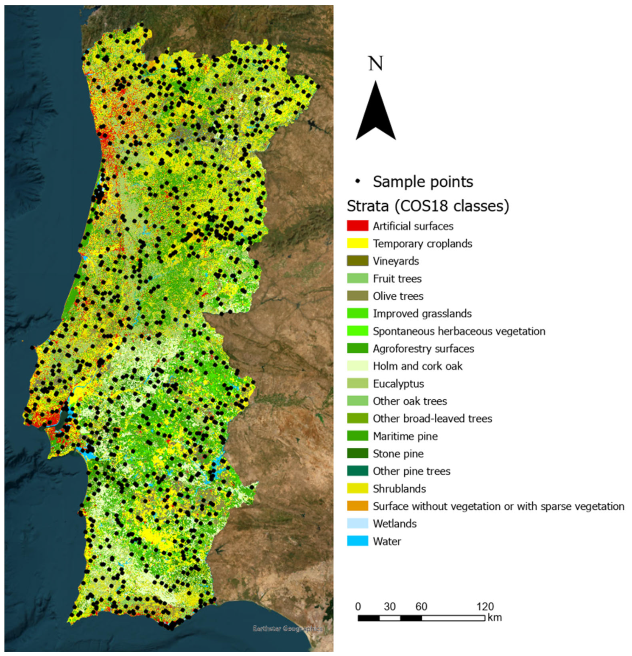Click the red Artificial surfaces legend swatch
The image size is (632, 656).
pyautogui.click(x=357, y=226)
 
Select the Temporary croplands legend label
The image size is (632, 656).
pyautogui.click(x=422, y=244)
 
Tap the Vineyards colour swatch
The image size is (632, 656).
pyautogui.click(x=357, y=261)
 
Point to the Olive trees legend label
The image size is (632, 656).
pyautogui.click(x=398, y=296)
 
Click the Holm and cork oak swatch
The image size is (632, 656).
pyautogui.click(x=357, y=366)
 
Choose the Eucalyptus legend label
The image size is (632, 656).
pyautogui.click(x=398, y=384)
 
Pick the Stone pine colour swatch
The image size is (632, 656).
pyautogui.click(x=357, y=454)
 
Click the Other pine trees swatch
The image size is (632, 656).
pyautogui.click(x=357, y=471)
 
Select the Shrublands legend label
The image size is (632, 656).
pyautogui.click(x=399, y=489)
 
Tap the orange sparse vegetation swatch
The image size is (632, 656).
pyautogui.click(x=357, y=506)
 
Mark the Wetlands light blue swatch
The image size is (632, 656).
pyautogui.click(x=357, y=524)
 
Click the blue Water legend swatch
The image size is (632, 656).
pyautogui.click(x=357, y=541)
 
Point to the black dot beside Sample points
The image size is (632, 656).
pyautogui.click(x=358, y=182)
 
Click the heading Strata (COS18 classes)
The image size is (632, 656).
pyautogui.click(x=428, y=206)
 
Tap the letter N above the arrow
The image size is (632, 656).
pyautogui.click(x=375, y=64)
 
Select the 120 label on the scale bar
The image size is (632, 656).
pyautogui.click(x=485, y=606)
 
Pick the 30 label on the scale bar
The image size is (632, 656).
pyautogui.click(x=389, y=606)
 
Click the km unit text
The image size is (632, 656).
pyautogui.click(x=495, y=617)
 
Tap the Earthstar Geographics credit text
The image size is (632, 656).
pyautogui.click(x=288, y=628)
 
